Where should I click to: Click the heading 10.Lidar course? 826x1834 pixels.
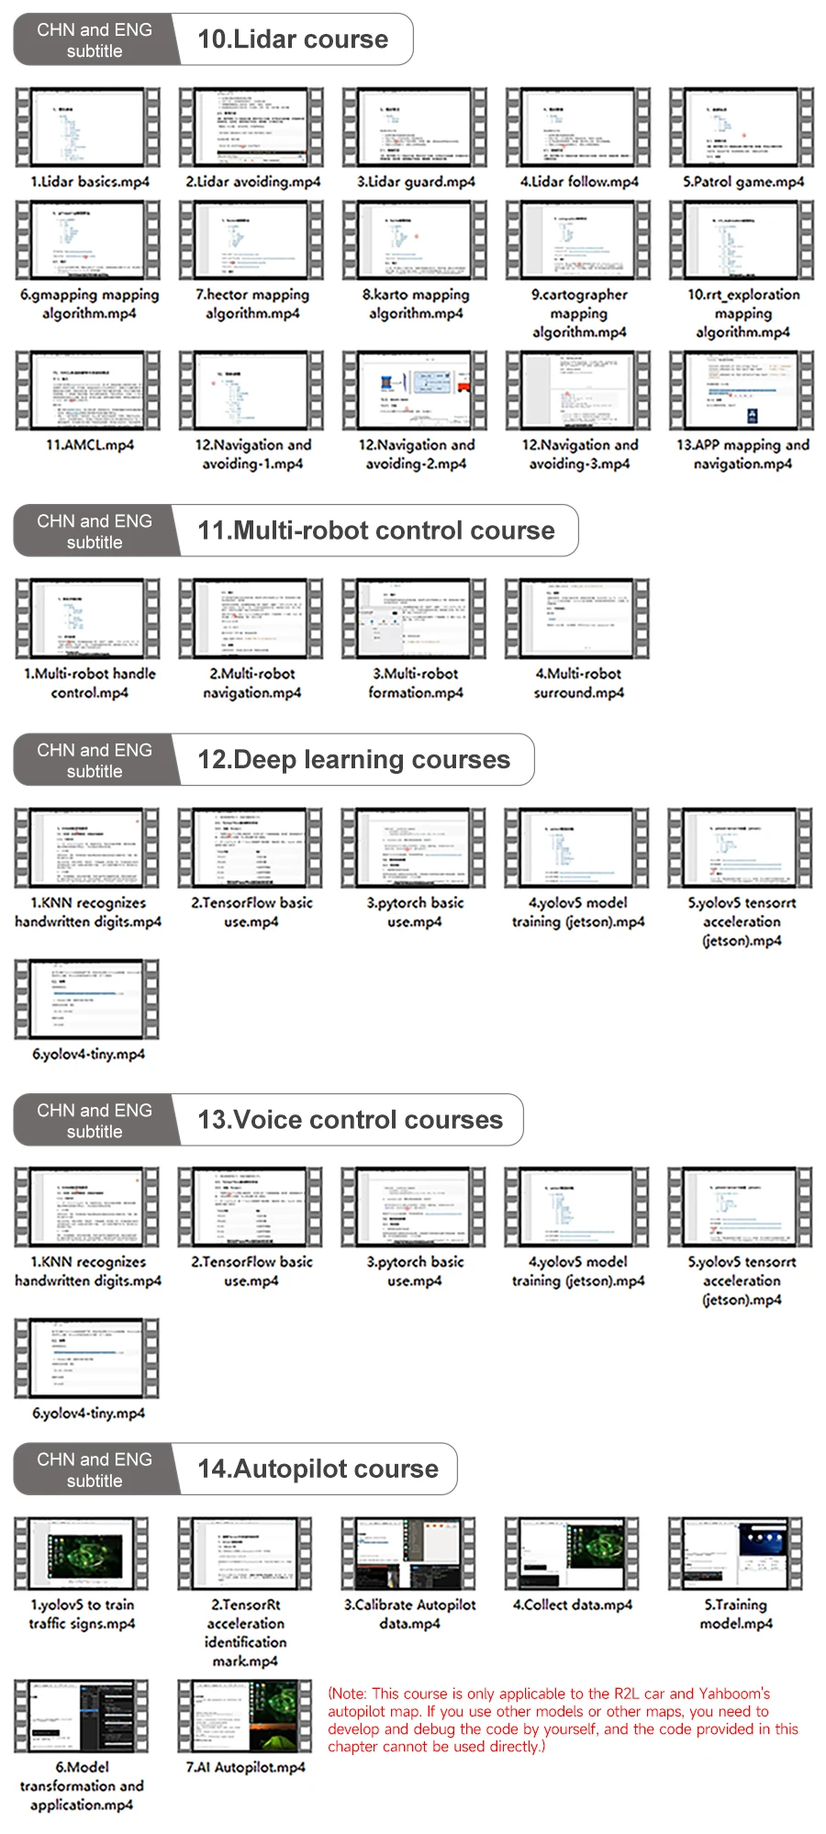(x=293, y=39)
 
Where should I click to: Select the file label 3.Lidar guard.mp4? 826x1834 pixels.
(x=416, y=182)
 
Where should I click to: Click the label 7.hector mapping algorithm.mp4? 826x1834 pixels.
(x=252, y=304)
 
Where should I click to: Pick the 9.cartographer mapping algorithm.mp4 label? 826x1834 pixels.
(x=579, y=313)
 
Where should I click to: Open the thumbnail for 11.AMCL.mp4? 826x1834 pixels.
(x=88, y=390)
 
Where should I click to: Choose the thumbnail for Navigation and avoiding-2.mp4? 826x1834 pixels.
(x=416, y=390)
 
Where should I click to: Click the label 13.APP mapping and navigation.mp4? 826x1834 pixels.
(x=742, y=454)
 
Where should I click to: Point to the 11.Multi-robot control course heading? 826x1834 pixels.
(x=376, y=531)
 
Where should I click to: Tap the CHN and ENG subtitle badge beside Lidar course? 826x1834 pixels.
(x=95, y=40)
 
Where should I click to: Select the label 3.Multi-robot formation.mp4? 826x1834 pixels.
(x=416, y=683)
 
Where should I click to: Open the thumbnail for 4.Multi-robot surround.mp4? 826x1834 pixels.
(x=578, y=619)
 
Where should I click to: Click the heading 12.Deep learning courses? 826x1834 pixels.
(x=353, y=760)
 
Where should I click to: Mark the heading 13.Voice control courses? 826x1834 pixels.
(x=350, y=1120)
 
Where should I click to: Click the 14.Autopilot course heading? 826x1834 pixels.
(x=318, y=1469)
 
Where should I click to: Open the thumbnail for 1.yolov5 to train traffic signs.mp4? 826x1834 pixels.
(x=82, y=1554)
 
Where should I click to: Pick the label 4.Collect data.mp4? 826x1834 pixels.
(x=573, y=1605)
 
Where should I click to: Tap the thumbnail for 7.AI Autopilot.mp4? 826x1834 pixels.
(x=245, y=1717)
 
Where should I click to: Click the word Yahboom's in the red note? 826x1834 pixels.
(x=734, y=1694)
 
